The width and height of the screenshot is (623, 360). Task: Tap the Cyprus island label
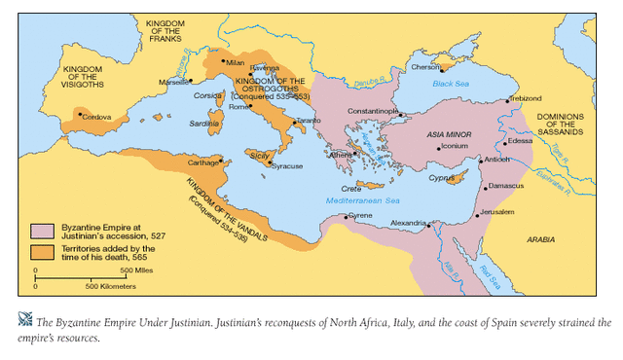(442, 179)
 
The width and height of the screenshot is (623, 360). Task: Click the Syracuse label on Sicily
(287, 166)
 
